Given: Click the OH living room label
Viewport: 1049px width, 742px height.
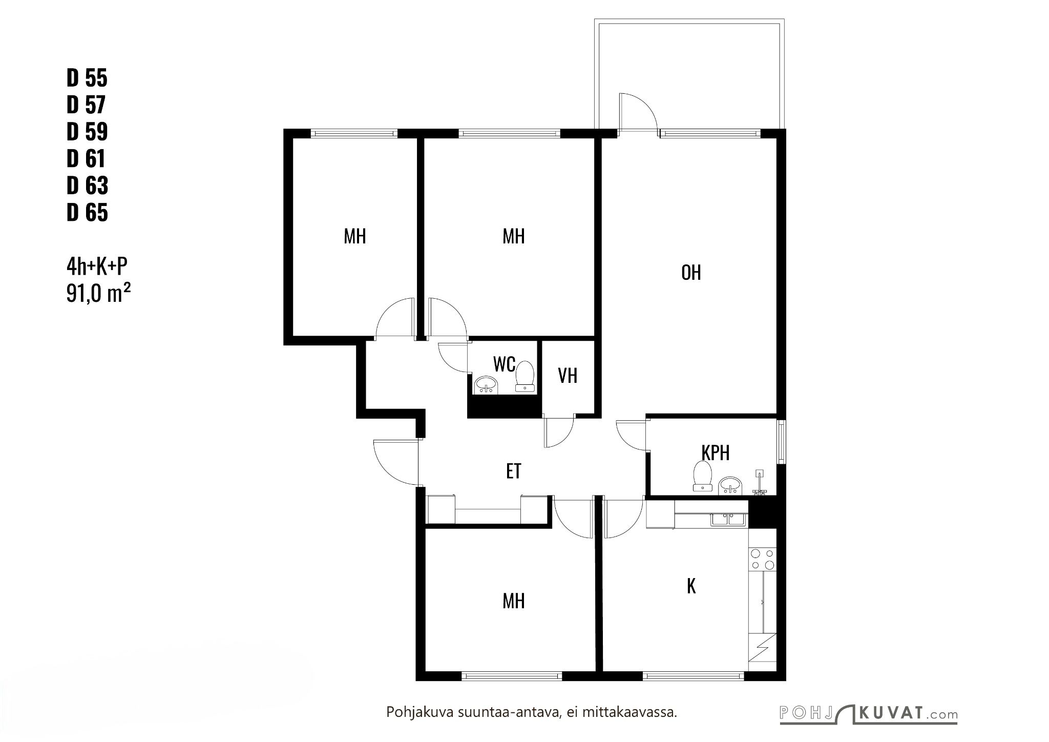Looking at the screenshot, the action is tap(691, 273).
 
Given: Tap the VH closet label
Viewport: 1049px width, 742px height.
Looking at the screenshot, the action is tap(568, 376).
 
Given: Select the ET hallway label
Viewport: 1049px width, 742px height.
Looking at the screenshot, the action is tap(514, 471).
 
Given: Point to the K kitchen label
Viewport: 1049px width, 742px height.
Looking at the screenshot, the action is tap(691, 586).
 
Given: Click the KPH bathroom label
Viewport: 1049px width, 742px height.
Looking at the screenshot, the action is tap(715, 453).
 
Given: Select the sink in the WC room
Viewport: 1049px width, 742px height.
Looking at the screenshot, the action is tap(487, 385).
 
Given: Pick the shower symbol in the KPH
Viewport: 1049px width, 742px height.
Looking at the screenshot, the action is tap(759, 483).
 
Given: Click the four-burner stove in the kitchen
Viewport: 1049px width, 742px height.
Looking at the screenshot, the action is tap(762, 559).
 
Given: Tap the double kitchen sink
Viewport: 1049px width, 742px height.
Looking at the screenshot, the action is tap(728, 520).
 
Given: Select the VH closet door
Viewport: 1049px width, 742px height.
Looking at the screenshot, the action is tap(559, 434).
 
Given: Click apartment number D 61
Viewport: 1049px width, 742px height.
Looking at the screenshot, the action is tap(86, 158).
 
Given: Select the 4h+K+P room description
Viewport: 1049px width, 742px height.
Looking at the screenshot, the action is tap(97, 266).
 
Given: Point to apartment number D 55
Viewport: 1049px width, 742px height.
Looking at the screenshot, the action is tap(87, 78).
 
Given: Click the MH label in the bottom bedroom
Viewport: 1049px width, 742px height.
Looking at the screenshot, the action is tap(513, 601).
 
